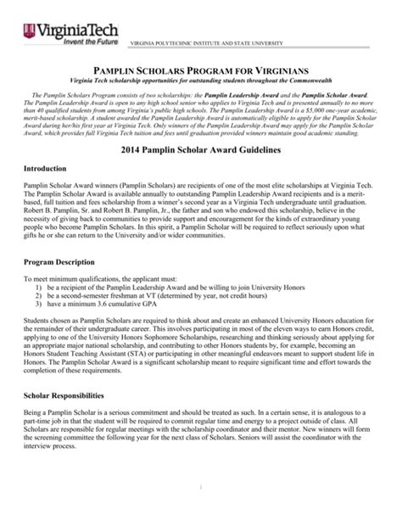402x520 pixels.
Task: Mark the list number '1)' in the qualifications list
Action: tap(39, 288)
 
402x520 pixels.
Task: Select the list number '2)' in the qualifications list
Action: tap(39, 296)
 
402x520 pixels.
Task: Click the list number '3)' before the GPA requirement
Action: tap(39, 305)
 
